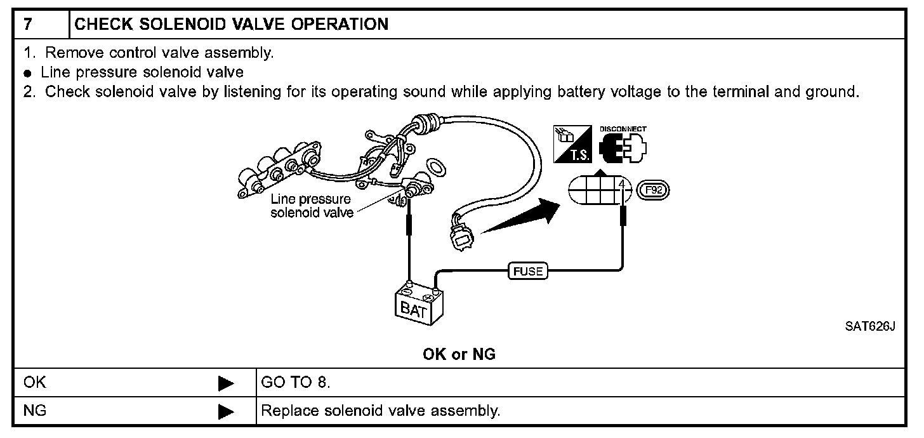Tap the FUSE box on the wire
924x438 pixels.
527,272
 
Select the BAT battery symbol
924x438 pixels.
419,305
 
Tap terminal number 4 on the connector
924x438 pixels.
623,185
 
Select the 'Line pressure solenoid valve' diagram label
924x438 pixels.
311,206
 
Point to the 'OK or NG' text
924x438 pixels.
459,355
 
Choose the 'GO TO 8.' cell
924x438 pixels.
296,383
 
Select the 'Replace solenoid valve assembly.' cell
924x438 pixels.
381,411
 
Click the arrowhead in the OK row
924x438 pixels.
226,383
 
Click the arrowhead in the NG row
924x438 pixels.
226,411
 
